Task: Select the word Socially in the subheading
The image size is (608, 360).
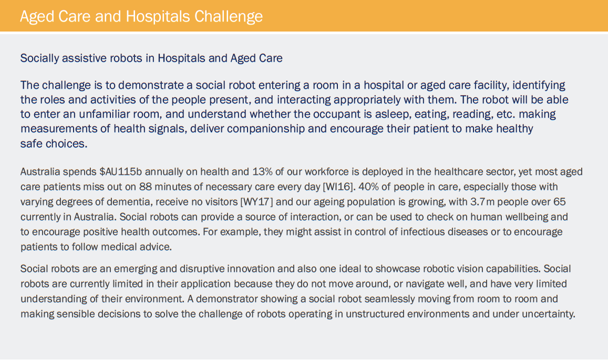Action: click(x=39, y=58)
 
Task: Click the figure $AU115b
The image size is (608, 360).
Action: click(x=120, y=172)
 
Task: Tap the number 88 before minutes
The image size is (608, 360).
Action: click(x=146, y=187)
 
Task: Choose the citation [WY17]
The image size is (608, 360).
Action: click(x=256, y=202)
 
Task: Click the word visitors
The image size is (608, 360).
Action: click(x=219, y=202)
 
